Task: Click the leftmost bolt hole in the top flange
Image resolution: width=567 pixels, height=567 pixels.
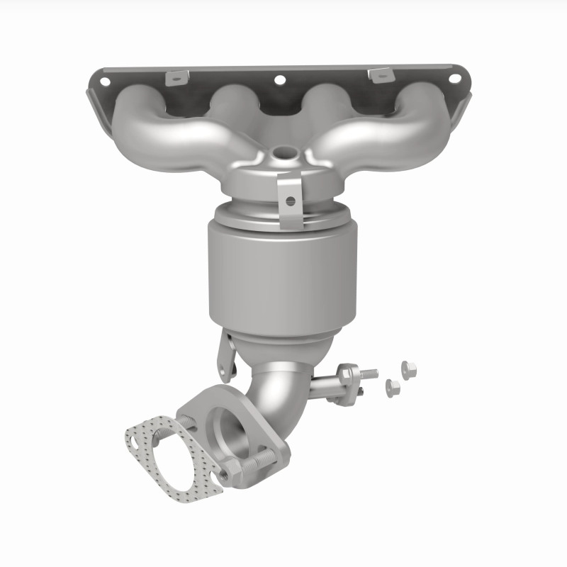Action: (105, 82)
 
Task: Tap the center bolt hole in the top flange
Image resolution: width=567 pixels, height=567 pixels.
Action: (279, 80)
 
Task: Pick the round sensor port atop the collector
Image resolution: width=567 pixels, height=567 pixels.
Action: (286, 152)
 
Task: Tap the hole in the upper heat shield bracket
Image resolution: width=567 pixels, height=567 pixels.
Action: (290, 201)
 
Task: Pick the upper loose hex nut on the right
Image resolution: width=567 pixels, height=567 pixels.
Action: (408, 368)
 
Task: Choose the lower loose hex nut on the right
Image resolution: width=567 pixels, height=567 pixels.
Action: (392, 387)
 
